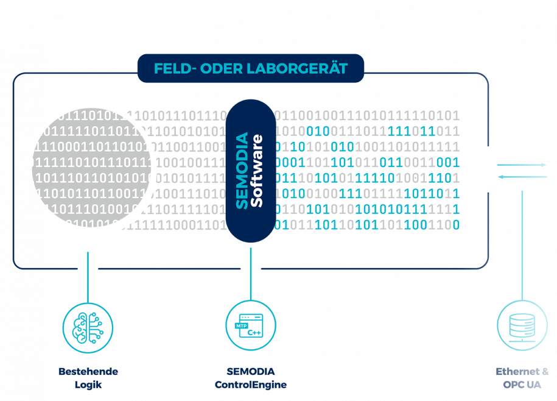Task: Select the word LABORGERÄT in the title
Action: click(x=297, y=68)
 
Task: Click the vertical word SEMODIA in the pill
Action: click(x=242, y=171)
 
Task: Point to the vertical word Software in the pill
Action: click(x=257, y=171)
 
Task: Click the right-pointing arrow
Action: click(x=522, y=165)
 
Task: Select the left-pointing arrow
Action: click(x=522, y=177)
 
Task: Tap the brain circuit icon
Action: click(x=88, y=328)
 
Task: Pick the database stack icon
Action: click(x=522, y=325)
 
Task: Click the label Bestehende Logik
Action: click(x=88, y=378)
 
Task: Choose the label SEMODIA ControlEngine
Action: click(x=251, y=378)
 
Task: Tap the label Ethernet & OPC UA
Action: click(x=522, y=378)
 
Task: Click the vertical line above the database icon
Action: click(x=522, y=244)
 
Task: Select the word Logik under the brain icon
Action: click(x=88, y=385)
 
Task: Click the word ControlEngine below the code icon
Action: click(x=251, y=385)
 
